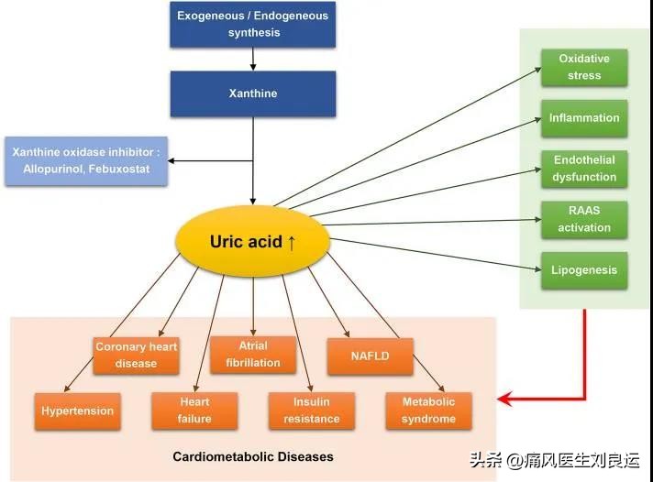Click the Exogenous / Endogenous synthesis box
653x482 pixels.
click(253, 25)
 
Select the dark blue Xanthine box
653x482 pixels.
click(253, 93)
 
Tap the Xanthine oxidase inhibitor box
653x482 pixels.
click(87, 161)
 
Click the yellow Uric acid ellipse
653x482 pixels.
click(252, 242)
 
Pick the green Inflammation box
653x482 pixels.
click(583, 118)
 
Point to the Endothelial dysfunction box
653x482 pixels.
click(583, 169)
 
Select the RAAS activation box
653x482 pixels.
click(583, 220)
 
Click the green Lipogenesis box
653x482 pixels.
click(583, 270)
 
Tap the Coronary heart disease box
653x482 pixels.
click(137, 355)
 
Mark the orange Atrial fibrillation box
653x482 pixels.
click(253, 355)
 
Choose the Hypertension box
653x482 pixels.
click(78, 411)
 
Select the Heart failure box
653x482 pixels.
click(194, 411)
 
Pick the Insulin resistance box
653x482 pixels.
click(311, 411)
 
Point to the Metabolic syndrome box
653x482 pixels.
click(428, 411)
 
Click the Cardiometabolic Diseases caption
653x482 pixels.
click(253, 456)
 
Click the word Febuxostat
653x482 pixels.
click(128, 170)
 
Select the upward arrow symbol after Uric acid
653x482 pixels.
click(292, 243)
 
